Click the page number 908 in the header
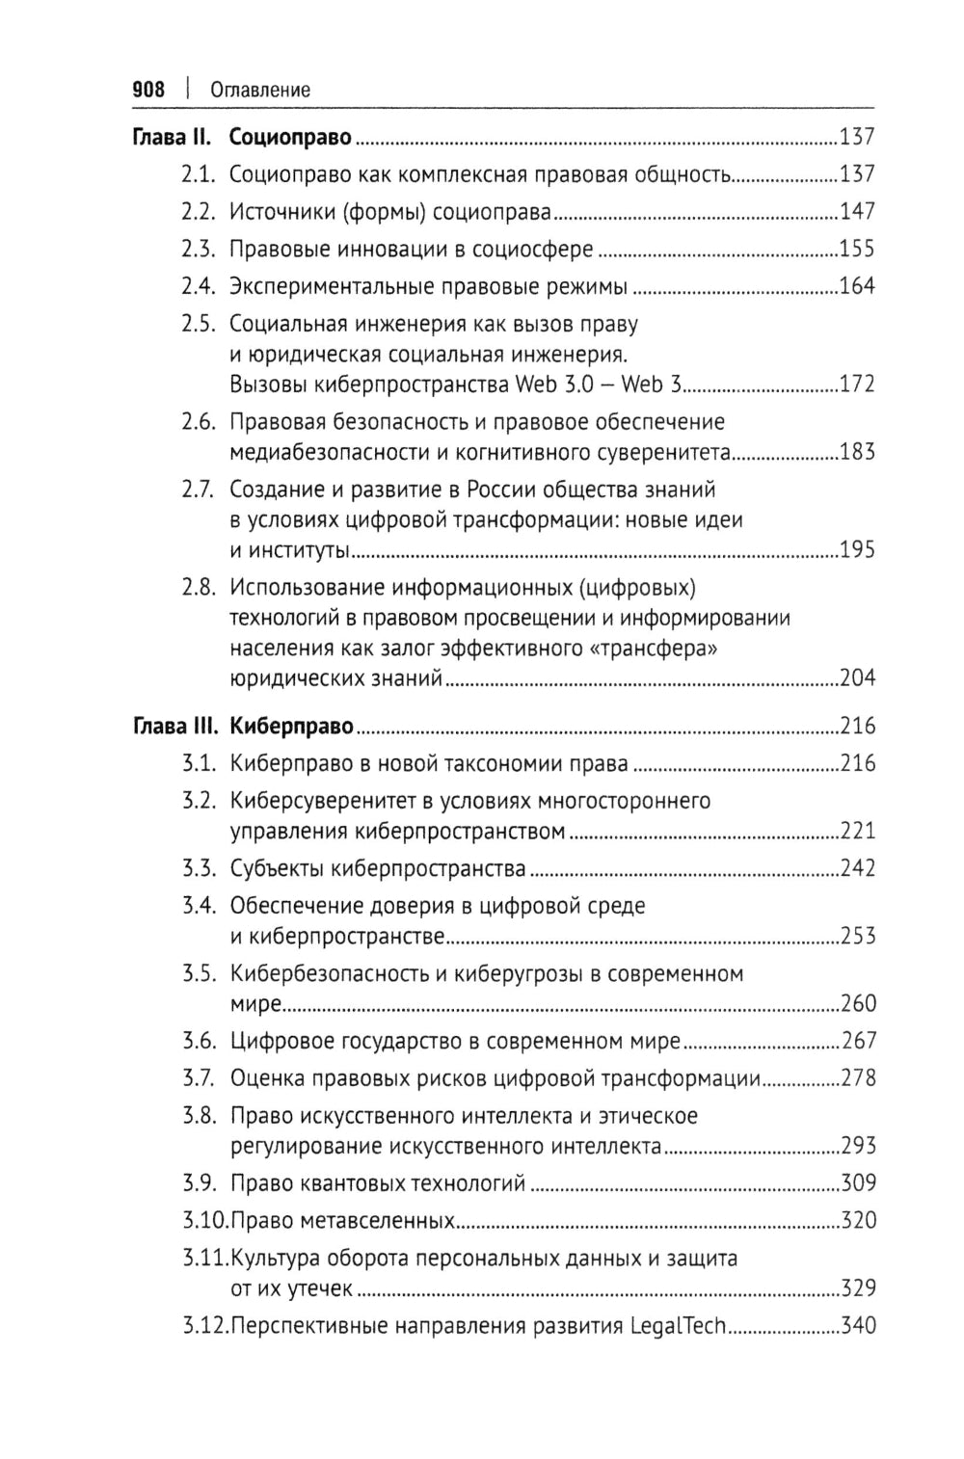(x=148, y=91)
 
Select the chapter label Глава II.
(x=171, y=137)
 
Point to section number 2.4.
(x=197, y=286)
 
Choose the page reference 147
(x=856, y=211)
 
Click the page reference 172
(x=856, y=385)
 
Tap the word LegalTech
(x=677, y=1326)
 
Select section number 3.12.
(x=204, y=1326)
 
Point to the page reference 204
(x=856, y=678)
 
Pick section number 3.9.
(x=199, y=1183)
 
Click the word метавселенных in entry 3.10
(x=386, y=1221)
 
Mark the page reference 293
(x=857, y=1146)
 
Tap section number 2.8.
(x=198, y=587)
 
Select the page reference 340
(x=857, y=1326)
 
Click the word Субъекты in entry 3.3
(x=276, y=868)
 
